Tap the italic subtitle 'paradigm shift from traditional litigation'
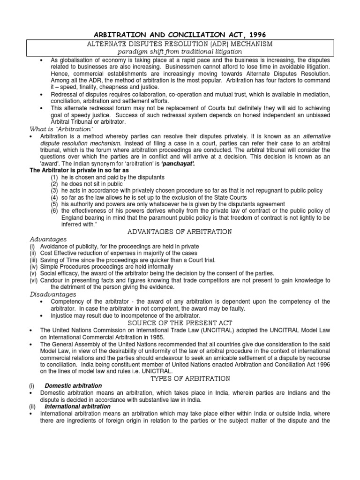tap(180, 51)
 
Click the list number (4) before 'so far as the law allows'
tap(54, 197)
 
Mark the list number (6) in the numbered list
tap(54, 211)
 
